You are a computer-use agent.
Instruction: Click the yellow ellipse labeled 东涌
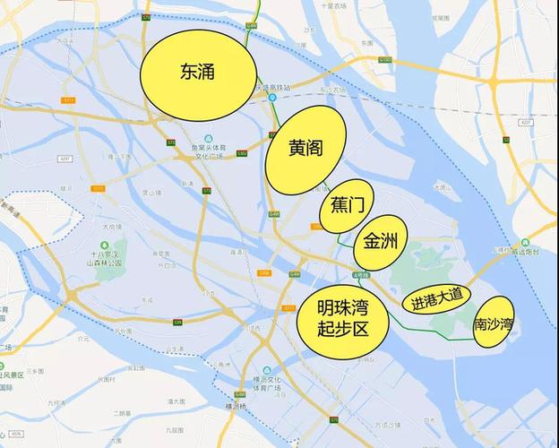(x=197, y=73)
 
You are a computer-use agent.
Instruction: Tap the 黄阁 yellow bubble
(x=305, y=150)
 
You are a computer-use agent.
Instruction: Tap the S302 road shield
(x=242, y=153)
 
